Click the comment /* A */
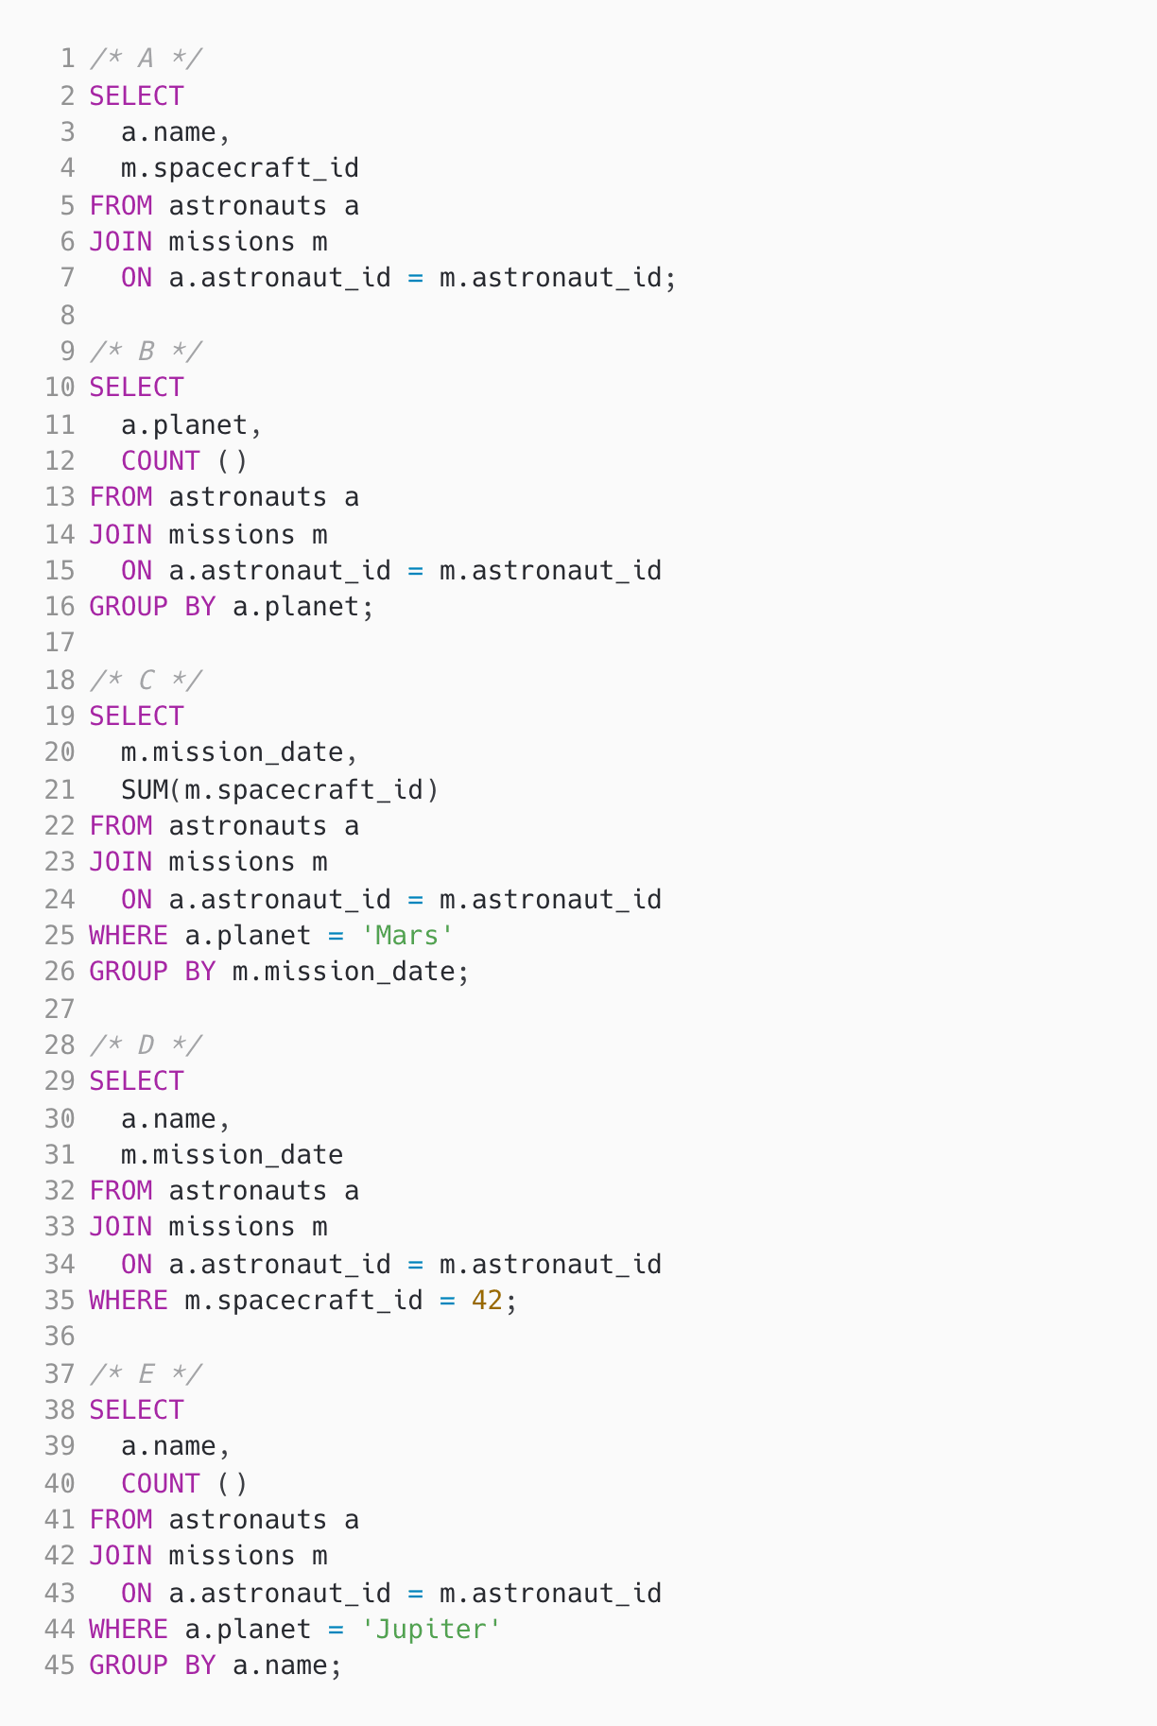pos(146,59)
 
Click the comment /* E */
pos(146,1373)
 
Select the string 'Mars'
pos(406,935)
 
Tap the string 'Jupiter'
pos(430,1629)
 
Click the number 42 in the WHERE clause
pos(487,1300)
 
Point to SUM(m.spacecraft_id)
pos(280,788)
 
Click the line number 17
pos(60,643)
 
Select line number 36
pos(60,1337)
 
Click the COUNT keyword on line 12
pos(160,460)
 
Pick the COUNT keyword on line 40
pos(160,1483)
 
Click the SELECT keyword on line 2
pos(136,95)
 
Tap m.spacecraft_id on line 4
pos(240,168)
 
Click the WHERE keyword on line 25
pos(128,935)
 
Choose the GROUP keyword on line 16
pos(128,606)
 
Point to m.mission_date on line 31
pos(232,1154)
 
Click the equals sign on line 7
pos(415,278)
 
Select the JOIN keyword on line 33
pos(120,1226)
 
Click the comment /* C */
pos(146,680)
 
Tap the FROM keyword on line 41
pos(120,1519)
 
